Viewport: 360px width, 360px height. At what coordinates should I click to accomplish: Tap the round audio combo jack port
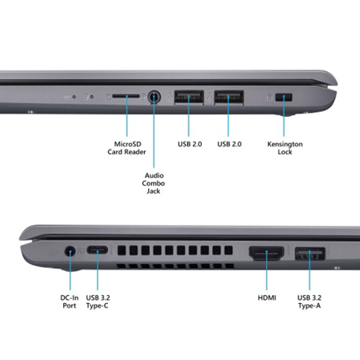154,98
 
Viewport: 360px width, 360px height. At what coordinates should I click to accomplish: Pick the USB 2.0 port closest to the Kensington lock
227,98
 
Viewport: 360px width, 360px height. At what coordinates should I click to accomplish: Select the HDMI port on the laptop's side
267,255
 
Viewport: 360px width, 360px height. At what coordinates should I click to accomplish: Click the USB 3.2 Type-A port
310,255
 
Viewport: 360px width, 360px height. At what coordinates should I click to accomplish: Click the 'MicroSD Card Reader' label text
128,149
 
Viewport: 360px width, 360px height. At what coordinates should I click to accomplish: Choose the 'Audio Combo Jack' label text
154,183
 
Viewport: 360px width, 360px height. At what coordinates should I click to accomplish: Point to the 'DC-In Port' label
70,301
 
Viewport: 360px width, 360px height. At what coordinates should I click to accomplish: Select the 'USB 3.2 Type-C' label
98,301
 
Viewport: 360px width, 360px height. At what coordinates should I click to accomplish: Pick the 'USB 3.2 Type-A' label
310,301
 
